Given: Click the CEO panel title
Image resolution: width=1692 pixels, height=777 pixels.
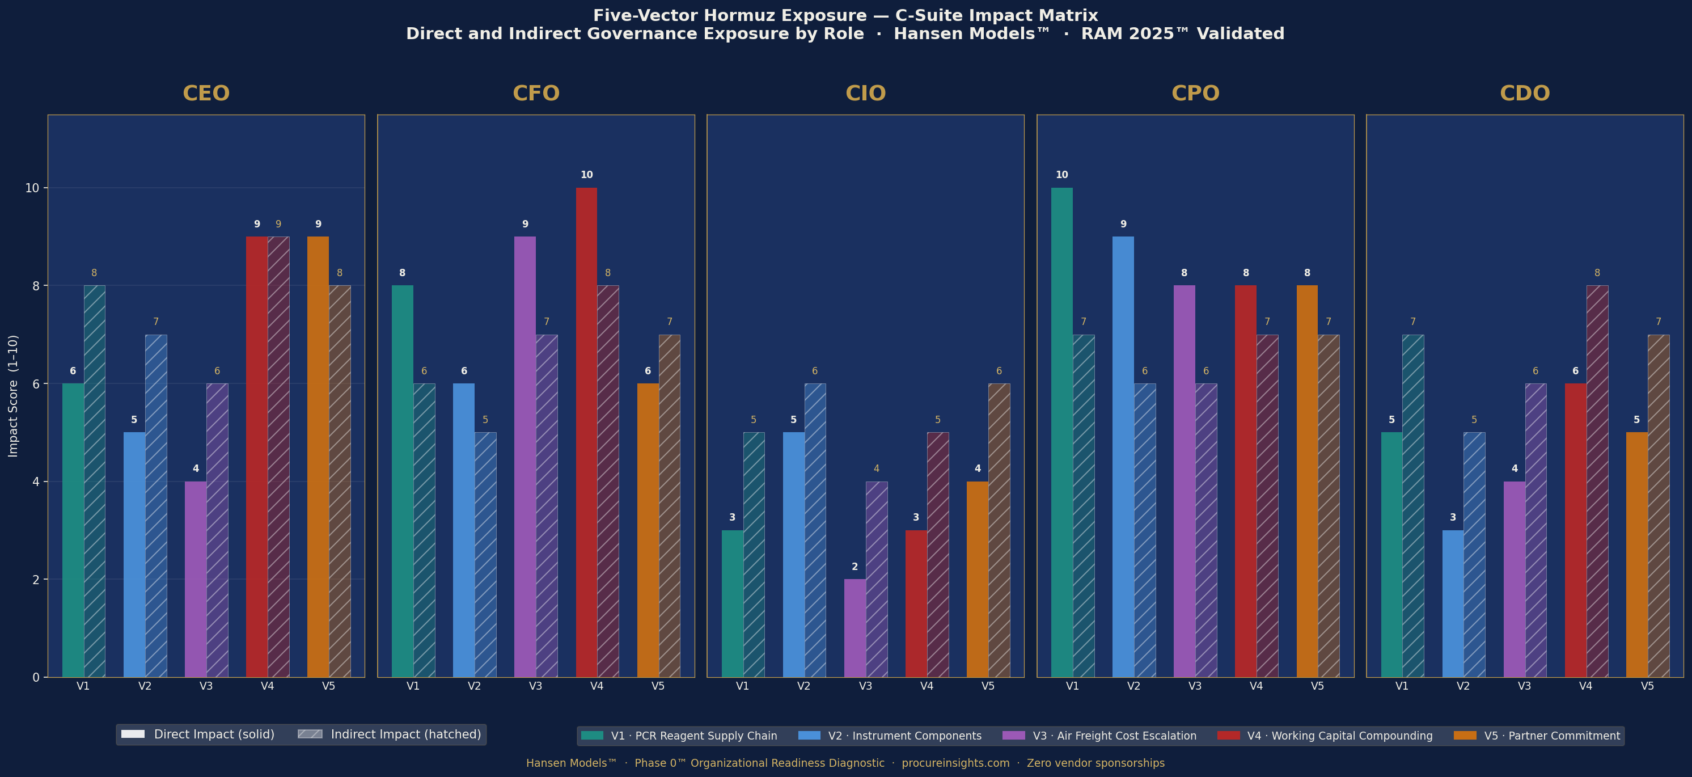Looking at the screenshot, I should point(206,93).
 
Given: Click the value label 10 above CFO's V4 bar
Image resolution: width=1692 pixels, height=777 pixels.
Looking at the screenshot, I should point(586,175).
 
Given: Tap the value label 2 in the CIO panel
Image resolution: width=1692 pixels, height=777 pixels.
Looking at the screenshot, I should point(855,567).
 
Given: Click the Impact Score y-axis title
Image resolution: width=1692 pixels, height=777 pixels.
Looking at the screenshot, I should point(13,395).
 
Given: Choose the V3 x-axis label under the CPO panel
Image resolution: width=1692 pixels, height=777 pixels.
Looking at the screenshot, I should point(1195,686).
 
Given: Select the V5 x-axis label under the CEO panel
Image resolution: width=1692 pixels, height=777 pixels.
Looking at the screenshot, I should point(328,686).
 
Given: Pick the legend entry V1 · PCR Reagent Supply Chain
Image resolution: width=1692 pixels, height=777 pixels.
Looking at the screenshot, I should point(693,736).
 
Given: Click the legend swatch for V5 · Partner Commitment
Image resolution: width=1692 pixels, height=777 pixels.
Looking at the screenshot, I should point(1465,736).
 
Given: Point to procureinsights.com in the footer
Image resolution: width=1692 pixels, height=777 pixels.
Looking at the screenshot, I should point(955,763).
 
